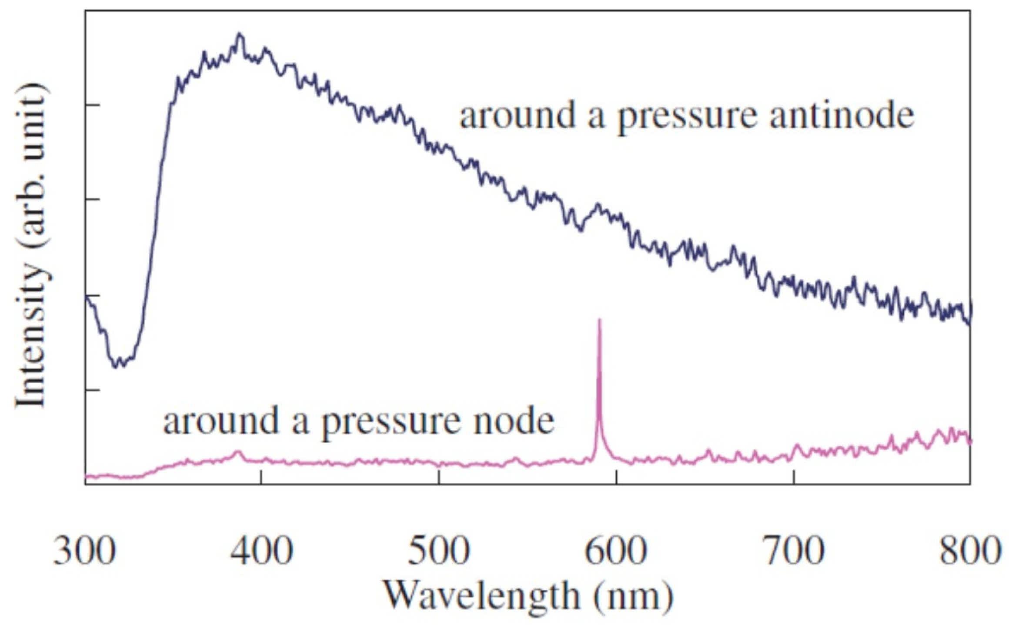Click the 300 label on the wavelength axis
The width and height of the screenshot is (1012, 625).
click(x=84, y=551)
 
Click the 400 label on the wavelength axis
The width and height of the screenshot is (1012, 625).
click(x=261, y=551)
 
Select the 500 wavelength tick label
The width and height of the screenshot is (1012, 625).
click(x=438, y=551)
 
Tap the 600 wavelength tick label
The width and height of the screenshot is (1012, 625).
click(x=616, y=551)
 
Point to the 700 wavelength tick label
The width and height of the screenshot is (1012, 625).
click(x=793, y=551)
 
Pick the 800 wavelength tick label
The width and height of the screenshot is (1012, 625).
click(x=970, y=551)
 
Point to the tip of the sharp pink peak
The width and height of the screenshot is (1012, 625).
click(x=600, y=320)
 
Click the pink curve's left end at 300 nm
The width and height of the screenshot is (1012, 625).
click(x=86, y=477)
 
